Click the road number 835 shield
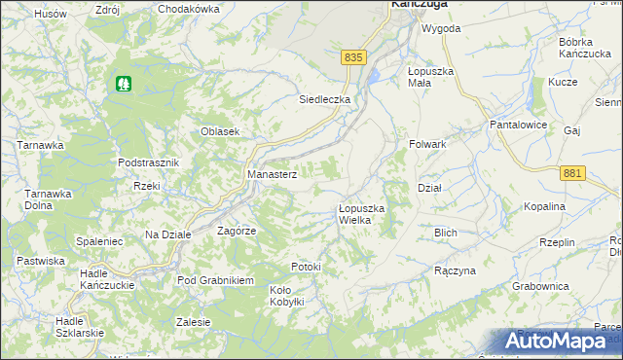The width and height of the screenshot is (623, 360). (x=353, y=58)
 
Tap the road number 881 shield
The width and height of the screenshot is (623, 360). (x=573, y=172)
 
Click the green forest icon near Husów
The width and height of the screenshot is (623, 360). (x=123, y=85)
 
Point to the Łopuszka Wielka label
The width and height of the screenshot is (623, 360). (x=362, y=214)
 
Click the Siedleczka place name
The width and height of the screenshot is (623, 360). (x=324, y=99)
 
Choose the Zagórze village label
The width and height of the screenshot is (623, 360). (x=237, y=231)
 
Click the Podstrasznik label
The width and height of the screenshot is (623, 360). (x=148, y=162)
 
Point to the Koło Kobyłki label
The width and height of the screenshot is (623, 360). (x=287, y=296)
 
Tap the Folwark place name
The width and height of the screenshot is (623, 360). (x=427, y=144)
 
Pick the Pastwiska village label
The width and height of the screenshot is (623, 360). (x=41, y=261)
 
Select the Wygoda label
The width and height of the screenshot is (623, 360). (x=440, y=28)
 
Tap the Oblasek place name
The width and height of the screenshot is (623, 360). (x=220, y=132)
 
